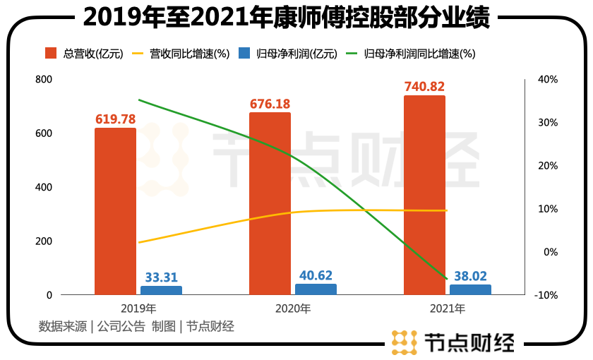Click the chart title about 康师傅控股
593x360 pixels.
pos(296,17)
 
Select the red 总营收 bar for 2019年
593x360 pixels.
pos(115,211)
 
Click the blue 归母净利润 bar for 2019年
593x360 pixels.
pos(161,290)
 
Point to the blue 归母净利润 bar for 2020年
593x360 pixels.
pos(316,289)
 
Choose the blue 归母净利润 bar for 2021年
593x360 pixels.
pos(470,289)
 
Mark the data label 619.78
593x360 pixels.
pos(115,119)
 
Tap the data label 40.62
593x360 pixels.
pos(316,275)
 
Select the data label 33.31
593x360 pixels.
pos(161,277)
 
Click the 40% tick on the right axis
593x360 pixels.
pos(548,80)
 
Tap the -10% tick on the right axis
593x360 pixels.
pos(547,295)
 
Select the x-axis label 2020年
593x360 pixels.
pos(292,308)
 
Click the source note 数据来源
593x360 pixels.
pos(62,326)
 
